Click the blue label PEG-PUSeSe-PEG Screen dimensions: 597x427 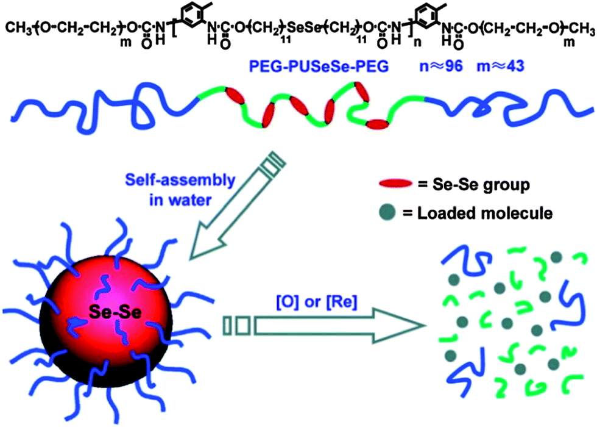[319, 66]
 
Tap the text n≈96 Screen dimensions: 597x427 [441, 66]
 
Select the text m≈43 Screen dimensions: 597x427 [500, 66]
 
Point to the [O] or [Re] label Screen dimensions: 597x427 [316, 302]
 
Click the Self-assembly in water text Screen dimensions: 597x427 [180, 190]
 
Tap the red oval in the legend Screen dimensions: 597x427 [395, 184]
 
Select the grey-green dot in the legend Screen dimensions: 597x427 [387, 212]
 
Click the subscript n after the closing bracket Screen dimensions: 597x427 [418, 42]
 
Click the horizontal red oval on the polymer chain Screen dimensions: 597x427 [377, 124]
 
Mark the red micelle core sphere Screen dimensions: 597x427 [106, 312]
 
